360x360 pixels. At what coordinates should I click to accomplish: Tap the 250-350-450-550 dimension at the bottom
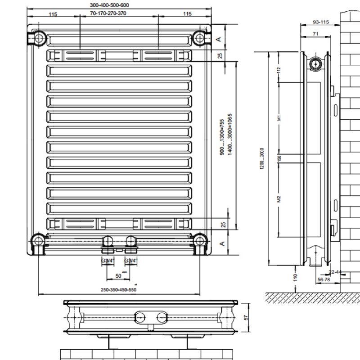pyautogui.click(x=118, y=289)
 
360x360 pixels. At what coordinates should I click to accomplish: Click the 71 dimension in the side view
pyautogui.click(x=316, y=33)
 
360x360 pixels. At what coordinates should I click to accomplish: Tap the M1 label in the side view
pyautogui.click(x=279, y=118)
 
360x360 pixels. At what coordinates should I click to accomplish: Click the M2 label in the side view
pyautogui.click(x=279, y=198)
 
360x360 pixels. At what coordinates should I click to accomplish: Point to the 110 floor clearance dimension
pyautogui.click(x=295, y=277)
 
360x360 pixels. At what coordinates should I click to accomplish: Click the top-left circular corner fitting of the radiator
pyautogui.click(x=39, y=37)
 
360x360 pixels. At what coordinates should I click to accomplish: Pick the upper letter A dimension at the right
pyautogui.click(x=219, y=39)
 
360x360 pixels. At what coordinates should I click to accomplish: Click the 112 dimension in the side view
pyautogui.click(x=279, y=70)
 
